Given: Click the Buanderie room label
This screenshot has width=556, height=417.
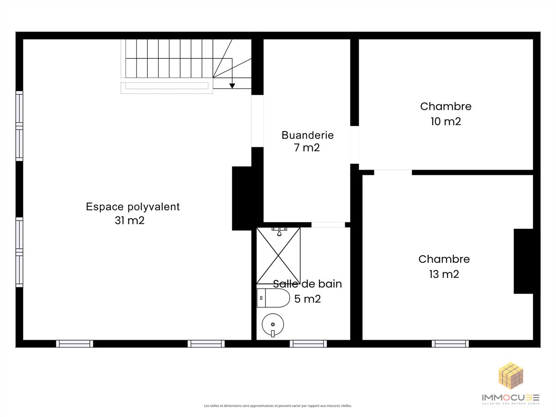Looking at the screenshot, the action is pyautogui.click(x=307, y=135).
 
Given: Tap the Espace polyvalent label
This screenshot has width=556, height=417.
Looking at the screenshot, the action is pyautogui.click(x=133, y=207).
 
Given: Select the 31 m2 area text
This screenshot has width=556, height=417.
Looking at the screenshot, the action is pyautogui.click(x=129, y=220).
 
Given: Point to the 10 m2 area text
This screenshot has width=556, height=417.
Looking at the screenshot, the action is pyautogui.click(x=446, y=121).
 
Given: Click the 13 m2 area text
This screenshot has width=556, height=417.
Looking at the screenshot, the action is pyautogui.click(x=444, y=274).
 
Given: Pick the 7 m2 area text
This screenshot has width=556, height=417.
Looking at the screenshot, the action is pyautogui.click(x=307, y=147).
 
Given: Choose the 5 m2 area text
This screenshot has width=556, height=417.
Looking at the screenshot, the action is pyautogui.click(x=308, y=299).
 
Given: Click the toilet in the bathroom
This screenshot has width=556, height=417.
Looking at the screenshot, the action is pyautogui.click(x=273, y=298).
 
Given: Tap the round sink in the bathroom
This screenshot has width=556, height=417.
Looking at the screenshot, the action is pyautogui.click(x=273, y=325).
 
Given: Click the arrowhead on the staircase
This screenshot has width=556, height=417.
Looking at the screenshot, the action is pyautogui.click(x=232, y=86).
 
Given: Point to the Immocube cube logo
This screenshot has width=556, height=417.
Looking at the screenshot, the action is pyautogui.click(x=511, y=375).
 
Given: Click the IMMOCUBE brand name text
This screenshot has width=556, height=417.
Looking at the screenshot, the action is pyautogui.click(x=511, y=397).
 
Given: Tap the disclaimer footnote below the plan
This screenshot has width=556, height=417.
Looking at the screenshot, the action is pyautogui.click(x=278, y=405).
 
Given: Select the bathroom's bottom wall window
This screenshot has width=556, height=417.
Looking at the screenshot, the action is pyautogui.click(x=308, y=344).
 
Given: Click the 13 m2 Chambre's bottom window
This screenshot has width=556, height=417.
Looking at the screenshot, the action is pyautogui.click(x=450, y=344).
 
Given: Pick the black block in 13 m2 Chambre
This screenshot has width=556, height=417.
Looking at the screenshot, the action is pyautogui.click(x=523, y=261).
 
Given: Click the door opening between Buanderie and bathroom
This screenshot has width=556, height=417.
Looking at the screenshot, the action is pyautogui.click(x=328, y=225).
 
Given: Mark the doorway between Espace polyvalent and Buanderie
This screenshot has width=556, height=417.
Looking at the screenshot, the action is pyautogui.click(x=257, y=121).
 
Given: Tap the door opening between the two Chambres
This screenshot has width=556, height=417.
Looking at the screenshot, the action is pyautogui.click(x=393, y=172).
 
